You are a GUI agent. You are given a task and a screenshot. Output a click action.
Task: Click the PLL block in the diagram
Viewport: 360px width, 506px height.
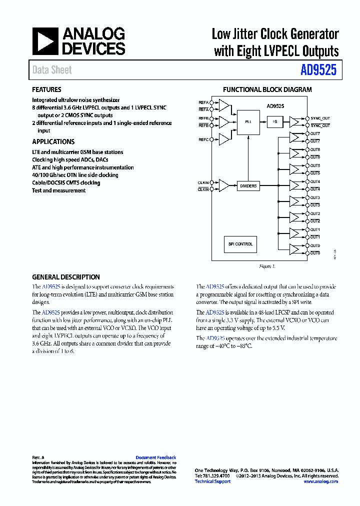(x=248, y=121)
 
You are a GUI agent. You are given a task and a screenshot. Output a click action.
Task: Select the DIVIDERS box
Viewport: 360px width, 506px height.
(x=248, y=185)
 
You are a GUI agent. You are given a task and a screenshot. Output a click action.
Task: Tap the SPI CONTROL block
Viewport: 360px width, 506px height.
(x=240, y=244)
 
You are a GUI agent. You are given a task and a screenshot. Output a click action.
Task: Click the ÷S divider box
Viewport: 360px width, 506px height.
(x=275, y=121)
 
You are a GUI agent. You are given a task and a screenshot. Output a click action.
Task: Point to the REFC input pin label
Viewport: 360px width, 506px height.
(x=203, y=139)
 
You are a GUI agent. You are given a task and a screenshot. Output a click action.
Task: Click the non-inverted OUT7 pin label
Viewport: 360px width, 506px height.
(x=315, y=133)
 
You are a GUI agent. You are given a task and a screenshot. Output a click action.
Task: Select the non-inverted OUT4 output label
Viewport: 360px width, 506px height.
(x=315, y=181)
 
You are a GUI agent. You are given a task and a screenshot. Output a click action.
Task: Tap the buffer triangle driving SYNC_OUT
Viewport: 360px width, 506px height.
(x=296, y=121)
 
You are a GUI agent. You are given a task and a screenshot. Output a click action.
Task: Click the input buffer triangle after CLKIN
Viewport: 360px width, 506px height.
(x=223, y=185)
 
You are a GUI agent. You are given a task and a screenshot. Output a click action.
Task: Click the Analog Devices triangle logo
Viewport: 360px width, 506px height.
(x=45, y=41)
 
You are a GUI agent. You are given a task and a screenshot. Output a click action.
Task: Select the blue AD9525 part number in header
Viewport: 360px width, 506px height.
(x=318, y=70)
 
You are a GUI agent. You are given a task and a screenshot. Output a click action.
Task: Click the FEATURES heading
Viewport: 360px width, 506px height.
(x=46, y=90)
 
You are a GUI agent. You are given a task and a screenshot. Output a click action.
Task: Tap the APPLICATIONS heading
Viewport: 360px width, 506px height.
(x=53, y=141)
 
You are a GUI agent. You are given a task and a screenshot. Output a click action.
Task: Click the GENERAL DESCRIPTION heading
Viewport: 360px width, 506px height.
(x=66, y=277)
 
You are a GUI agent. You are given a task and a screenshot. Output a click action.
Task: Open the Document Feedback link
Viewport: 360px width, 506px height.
(x=156, y=457)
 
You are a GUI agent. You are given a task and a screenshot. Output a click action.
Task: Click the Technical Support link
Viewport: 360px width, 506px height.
(x=212, y=481)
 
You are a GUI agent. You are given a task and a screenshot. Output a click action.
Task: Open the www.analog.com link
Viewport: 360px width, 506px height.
(x=320, y=481)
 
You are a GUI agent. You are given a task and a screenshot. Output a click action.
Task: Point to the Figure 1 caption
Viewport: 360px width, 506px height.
(x=267, y=266)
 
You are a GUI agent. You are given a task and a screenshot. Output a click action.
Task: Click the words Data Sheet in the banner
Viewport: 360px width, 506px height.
(x=52, y=70)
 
